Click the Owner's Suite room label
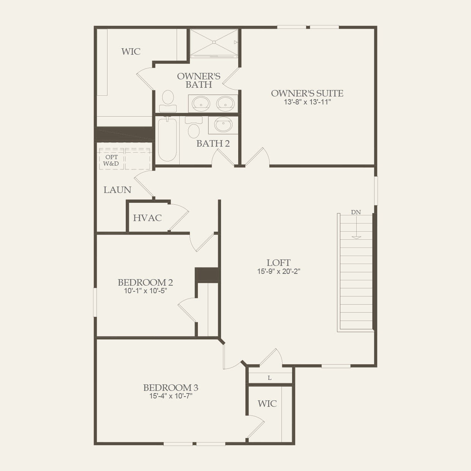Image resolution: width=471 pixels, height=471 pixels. pyautogui.click(x=307, y=93)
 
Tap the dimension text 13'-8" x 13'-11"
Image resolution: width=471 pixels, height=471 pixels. pyautogui.click(x=307, y=102)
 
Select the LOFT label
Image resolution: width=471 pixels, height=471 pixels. pyautogui.click(x=278, y=262)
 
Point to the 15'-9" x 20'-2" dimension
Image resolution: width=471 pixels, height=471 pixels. pyautogui.click(x=278, y=271)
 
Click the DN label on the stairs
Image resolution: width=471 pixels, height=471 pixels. pyautogui.click(x=356, y=212)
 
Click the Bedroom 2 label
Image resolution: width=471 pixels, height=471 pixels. pyautogui.click(x=145, y=282)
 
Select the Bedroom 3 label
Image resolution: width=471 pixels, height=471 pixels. pyautogui.click(x=171, y=387)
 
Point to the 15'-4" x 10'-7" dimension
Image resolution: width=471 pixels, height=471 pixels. pyautogui.click(x=171, y=396)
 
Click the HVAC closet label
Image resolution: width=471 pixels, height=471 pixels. pyautogui.click(x=147, y=218)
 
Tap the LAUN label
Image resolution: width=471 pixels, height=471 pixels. pyautogui.click(x=117, y=190)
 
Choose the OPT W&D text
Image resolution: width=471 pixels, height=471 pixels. pyautogui.click(x=111, y=160)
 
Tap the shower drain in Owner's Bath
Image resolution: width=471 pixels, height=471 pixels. pyautogui.click(x=214, y=42)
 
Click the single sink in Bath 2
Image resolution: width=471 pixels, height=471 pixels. pyautogui.click(x=223, y=125)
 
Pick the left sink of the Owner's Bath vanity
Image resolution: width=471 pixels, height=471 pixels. pyautogui.click(x=200, y=103)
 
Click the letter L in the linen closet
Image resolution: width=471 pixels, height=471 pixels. pyautogui.click(x=269, y=378)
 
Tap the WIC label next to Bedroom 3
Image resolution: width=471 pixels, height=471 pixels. pyautogui.click(x=267, y=403)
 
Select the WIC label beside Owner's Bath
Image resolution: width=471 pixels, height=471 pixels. pyautogui.click(x=131, y=51)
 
